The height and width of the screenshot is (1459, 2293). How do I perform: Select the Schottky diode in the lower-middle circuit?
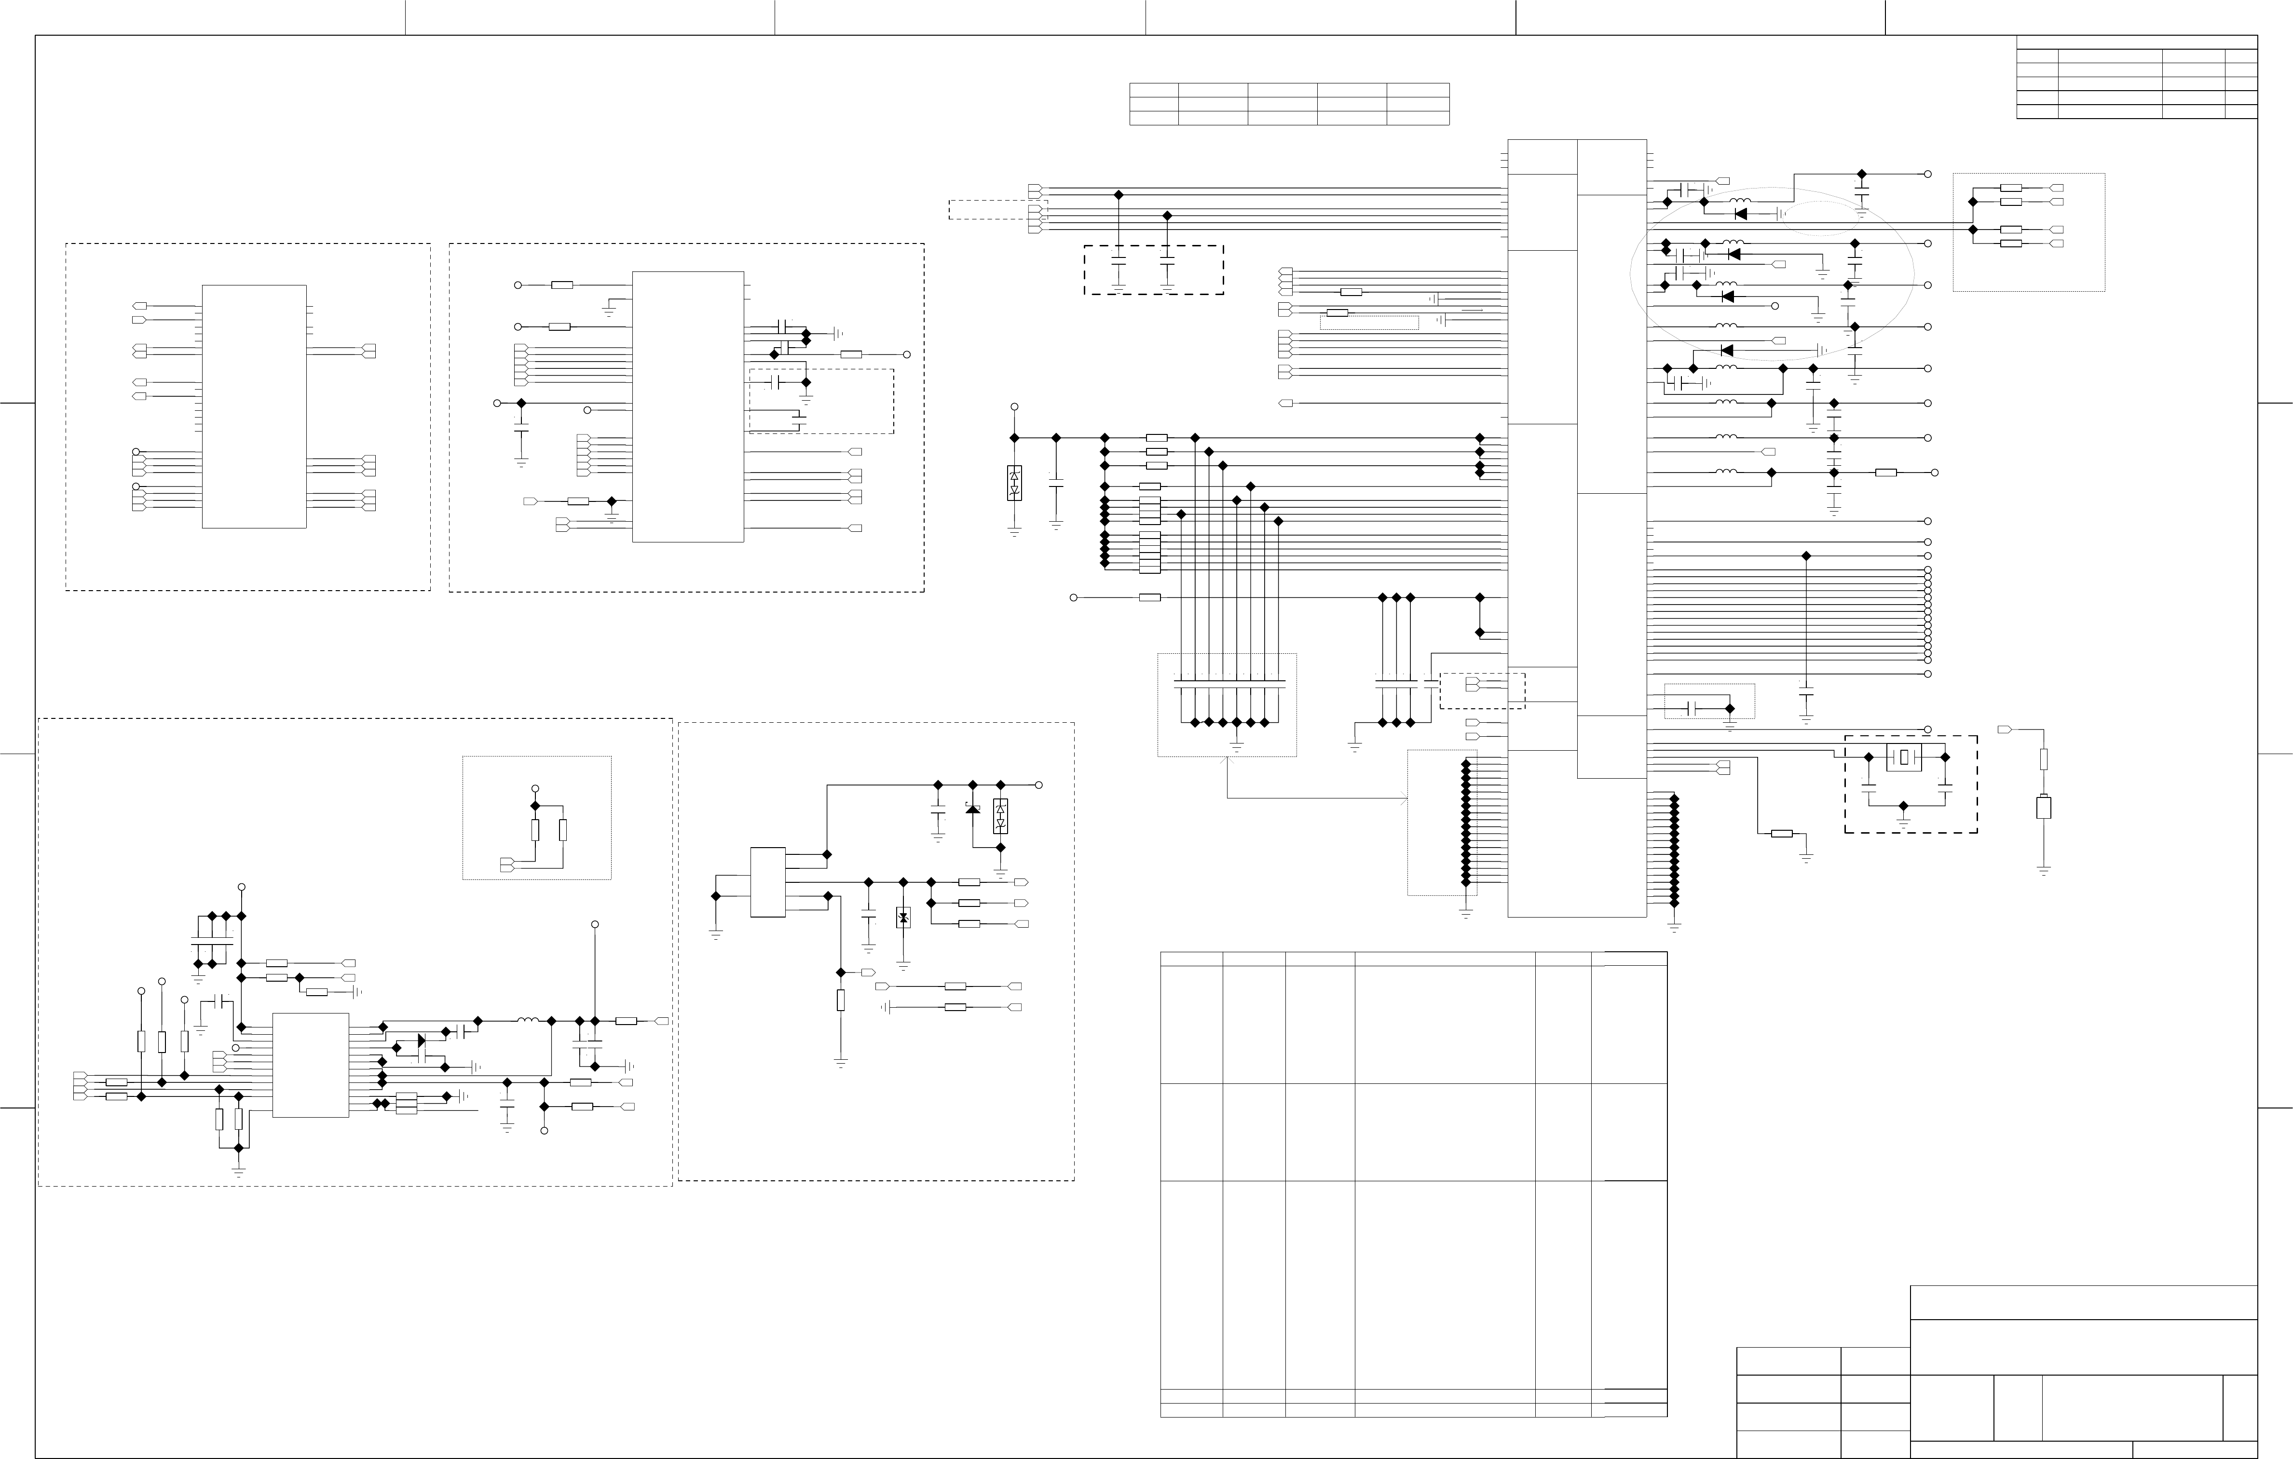click(972, 809)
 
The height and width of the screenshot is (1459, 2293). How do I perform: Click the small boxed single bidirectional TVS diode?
click(903, 918)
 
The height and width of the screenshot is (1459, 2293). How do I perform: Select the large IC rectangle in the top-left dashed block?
click(254, 406)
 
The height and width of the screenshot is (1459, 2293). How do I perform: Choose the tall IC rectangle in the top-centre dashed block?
click(687, 406)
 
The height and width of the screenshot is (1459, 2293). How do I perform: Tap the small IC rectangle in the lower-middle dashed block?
click(767, 882)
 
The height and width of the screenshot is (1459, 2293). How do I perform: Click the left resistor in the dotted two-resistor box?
click(535, 830)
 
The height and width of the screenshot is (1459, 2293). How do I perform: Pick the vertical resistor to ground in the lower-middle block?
click(840, 1000)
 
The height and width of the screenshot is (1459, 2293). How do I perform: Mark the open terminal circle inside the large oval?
click(1774, 306)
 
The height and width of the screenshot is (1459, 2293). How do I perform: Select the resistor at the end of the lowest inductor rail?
click(1885, 472)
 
